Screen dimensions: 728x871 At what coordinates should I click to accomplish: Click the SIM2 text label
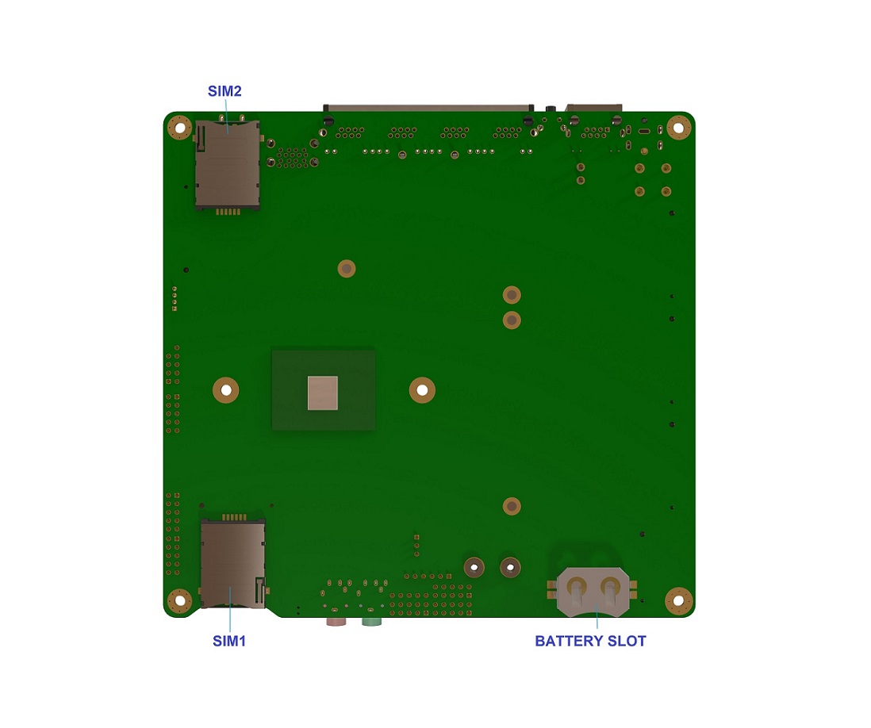point(224,91)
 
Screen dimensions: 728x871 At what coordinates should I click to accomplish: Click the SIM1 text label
point(229,641)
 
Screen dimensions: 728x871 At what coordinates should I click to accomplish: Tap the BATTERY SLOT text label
point(590,641)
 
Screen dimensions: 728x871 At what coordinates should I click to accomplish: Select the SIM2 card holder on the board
point(227,165)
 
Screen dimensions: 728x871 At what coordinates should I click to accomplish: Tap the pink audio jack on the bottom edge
point(336,621)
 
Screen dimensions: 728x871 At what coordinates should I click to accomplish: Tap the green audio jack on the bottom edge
point(371,621)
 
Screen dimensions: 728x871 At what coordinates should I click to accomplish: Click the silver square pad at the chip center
point(323,393)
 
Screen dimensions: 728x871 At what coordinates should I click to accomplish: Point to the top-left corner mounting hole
point(180,127)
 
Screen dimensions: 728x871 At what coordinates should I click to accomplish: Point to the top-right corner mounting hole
point(677,127)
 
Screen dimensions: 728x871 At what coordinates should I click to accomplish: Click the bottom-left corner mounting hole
point(180,600)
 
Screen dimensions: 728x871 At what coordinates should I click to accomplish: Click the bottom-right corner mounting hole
point(678,600)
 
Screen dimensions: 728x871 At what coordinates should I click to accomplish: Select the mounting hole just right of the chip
point(422,389)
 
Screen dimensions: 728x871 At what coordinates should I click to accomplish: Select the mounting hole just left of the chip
point(226,389)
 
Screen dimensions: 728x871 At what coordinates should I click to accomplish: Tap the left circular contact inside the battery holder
point(577,588)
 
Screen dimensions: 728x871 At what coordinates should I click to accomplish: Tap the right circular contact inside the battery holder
point(611,588)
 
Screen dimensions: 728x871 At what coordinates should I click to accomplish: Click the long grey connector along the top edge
point(428,106)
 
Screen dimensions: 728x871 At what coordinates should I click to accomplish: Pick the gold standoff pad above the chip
point(346,268)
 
